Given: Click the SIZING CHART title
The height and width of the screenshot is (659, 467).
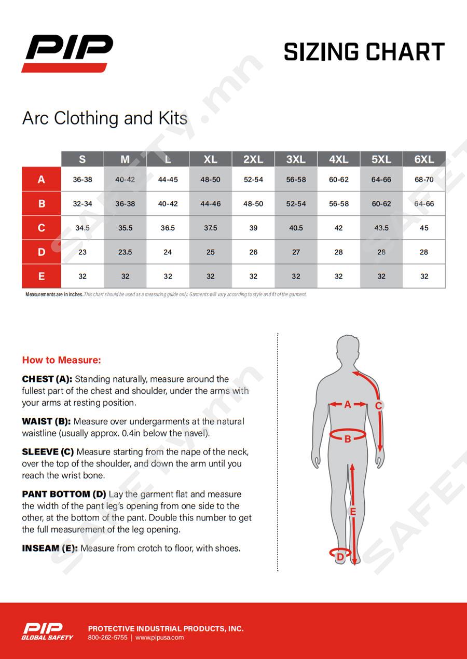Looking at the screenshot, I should point(364,52).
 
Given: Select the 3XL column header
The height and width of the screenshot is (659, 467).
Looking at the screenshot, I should point(296,159).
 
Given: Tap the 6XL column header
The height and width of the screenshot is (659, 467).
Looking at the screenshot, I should point(424,159).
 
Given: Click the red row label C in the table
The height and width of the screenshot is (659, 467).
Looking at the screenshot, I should point(42,228).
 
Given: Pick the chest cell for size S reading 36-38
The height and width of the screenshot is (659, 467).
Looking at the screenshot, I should point(83,180).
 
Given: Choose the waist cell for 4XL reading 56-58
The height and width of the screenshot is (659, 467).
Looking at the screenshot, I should point(339,204).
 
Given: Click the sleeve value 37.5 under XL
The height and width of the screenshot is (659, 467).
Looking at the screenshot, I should point(210,228).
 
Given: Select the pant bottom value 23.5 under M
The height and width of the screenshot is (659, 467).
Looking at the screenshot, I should point(125,252).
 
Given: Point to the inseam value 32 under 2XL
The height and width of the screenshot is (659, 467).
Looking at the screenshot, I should point(253,277).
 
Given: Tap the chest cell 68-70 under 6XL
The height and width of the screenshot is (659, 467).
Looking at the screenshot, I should point(424,180).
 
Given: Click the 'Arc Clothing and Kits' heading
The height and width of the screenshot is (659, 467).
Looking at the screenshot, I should point(105,118).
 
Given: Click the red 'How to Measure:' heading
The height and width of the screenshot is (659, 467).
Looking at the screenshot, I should point(61,360).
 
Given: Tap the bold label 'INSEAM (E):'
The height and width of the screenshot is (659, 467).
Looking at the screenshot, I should point(50,548).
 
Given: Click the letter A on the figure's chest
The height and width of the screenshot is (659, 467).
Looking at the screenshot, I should point(348,404).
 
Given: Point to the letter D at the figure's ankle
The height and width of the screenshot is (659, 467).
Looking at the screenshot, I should point(340,557).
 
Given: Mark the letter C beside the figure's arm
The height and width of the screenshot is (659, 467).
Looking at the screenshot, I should point(379,406).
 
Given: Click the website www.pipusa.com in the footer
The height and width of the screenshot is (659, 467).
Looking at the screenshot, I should point(159,638).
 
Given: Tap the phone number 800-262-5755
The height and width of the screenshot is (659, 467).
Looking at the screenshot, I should point(107,638).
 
